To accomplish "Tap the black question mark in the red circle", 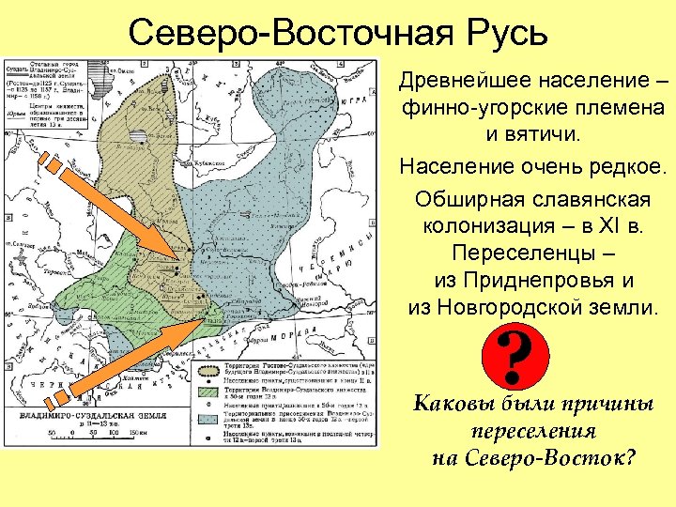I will point(515,360).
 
